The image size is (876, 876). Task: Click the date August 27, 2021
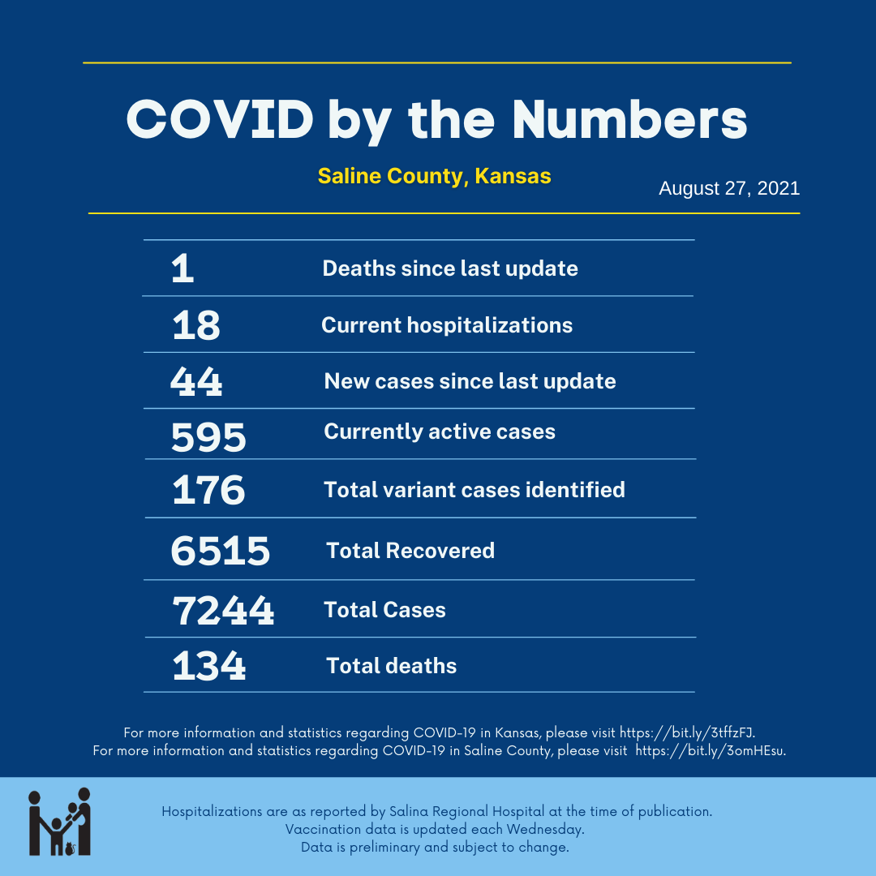[728, 189]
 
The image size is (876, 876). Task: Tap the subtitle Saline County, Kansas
[434, 176]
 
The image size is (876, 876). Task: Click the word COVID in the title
[220, 119]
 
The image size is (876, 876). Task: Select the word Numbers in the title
[629, 119]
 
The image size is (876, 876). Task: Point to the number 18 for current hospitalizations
[195, 326]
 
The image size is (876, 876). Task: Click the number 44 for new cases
[195, 382]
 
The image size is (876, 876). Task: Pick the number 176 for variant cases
[208, 491]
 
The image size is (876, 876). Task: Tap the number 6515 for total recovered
[220, 552]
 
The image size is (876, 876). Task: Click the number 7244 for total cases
[222, 611]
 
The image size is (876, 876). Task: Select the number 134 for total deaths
[208, 667]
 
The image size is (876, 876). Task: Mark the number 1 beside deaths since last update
[182, 269]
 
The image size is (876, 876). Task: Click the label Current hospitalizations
[447, 325]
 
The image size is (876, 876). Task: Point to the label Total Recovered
[410, 551]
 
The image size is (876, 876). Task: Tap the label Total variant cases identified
[474, 490]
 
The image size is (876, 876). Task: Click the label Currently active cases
[440, 431]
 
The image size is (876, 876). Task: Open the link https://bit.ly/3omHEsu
[710, 750]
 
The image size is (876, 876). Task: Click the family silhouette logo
[59, 822]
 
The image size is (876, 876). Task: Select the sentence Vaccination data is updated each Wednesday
[435, 830]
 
